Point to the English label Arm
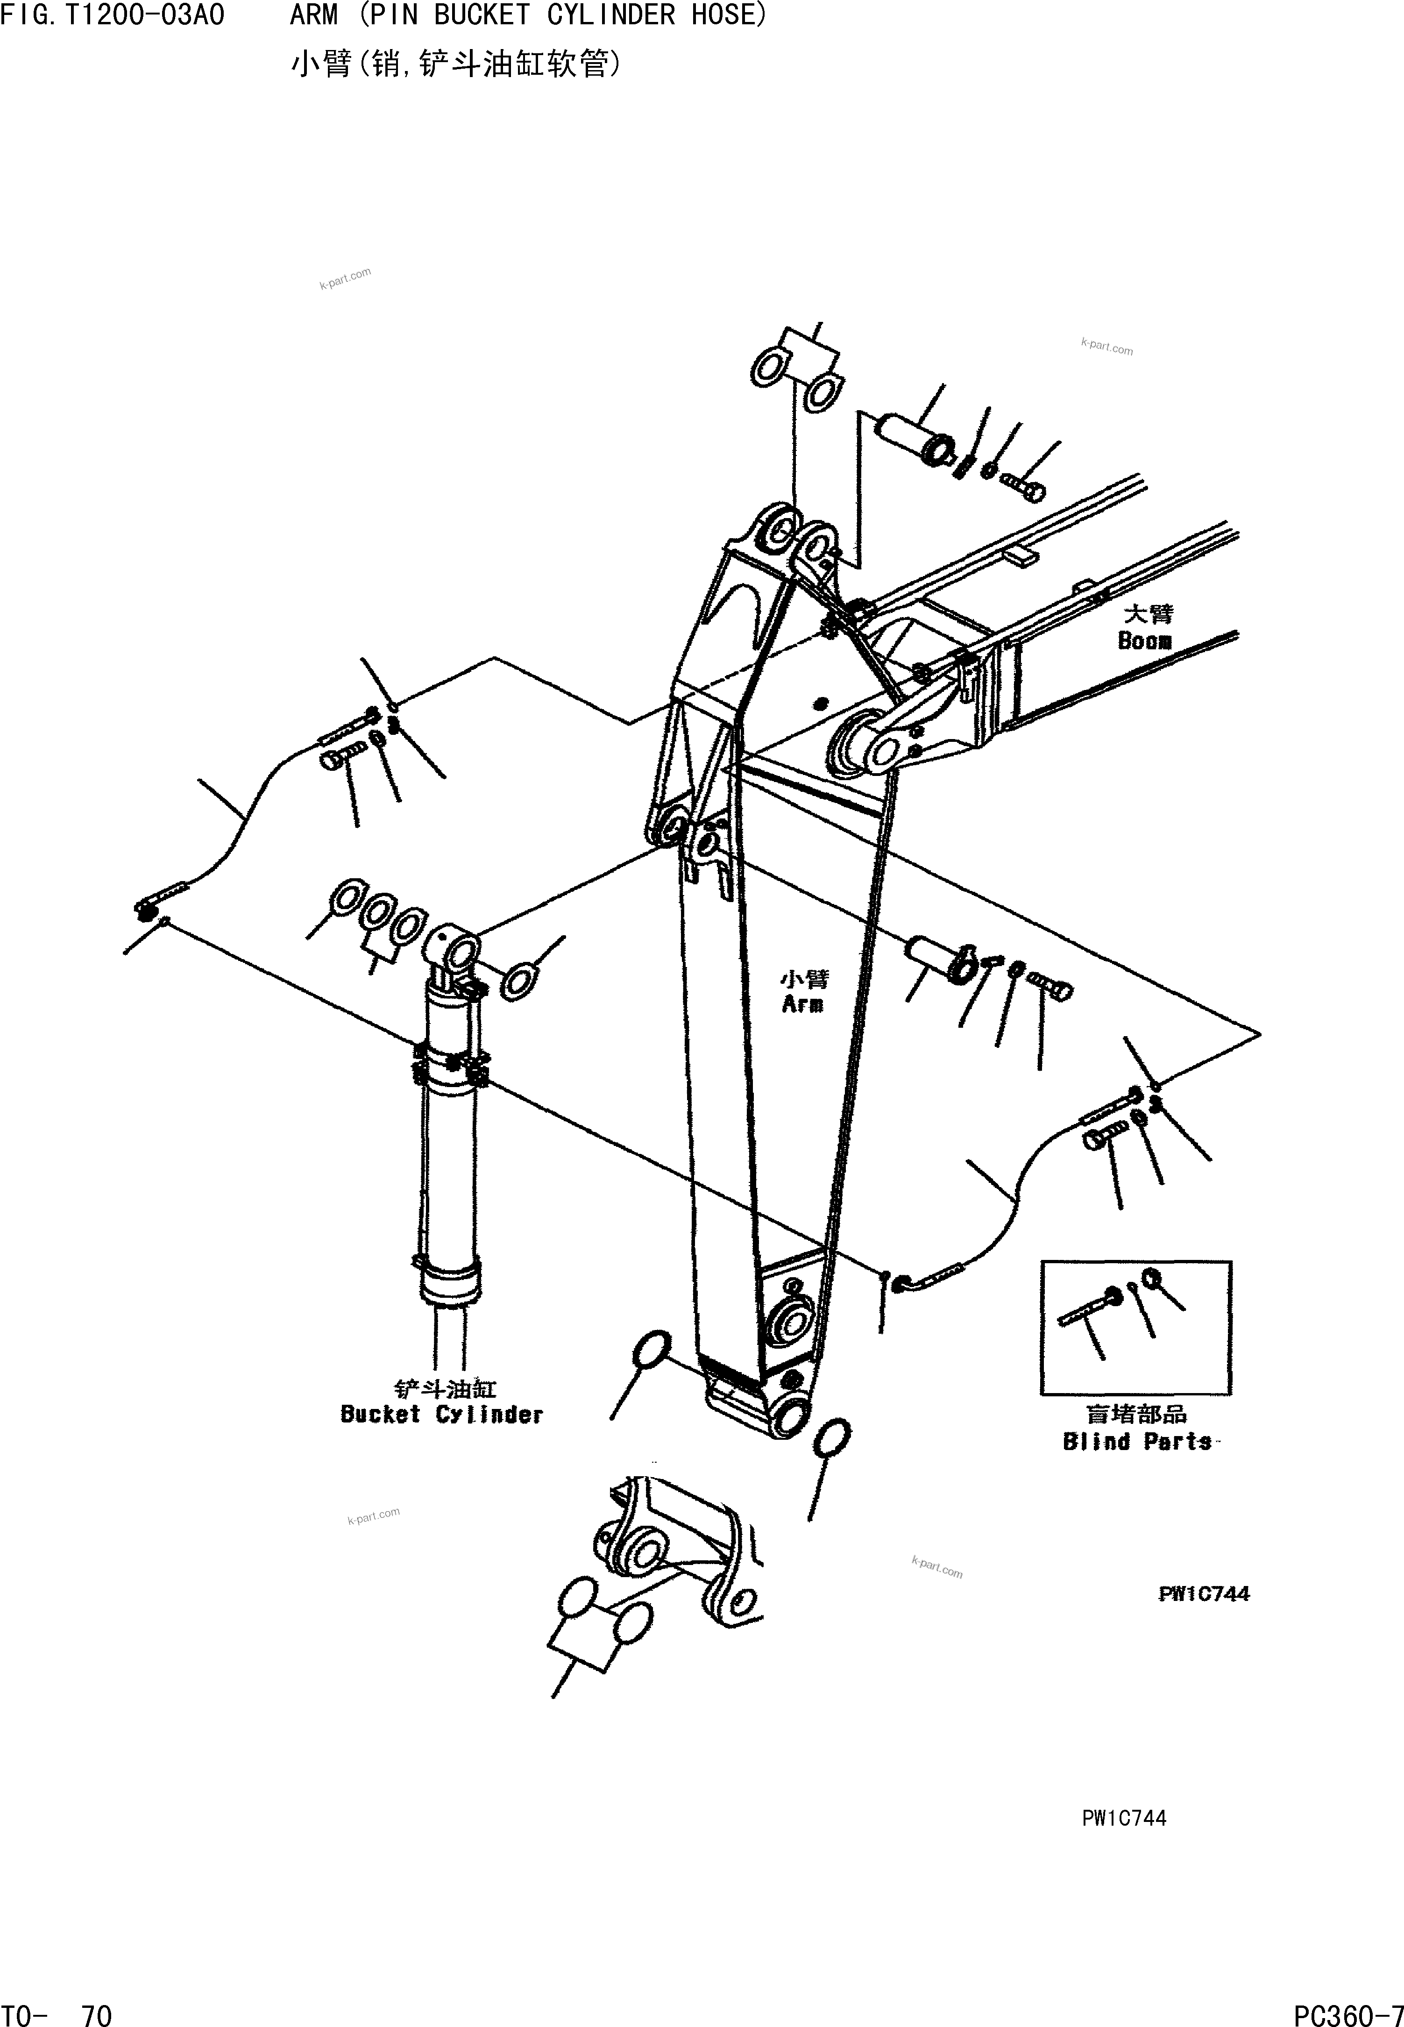tap(802, 1004)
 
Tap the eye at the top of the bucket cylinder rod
tap(454, 948)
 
